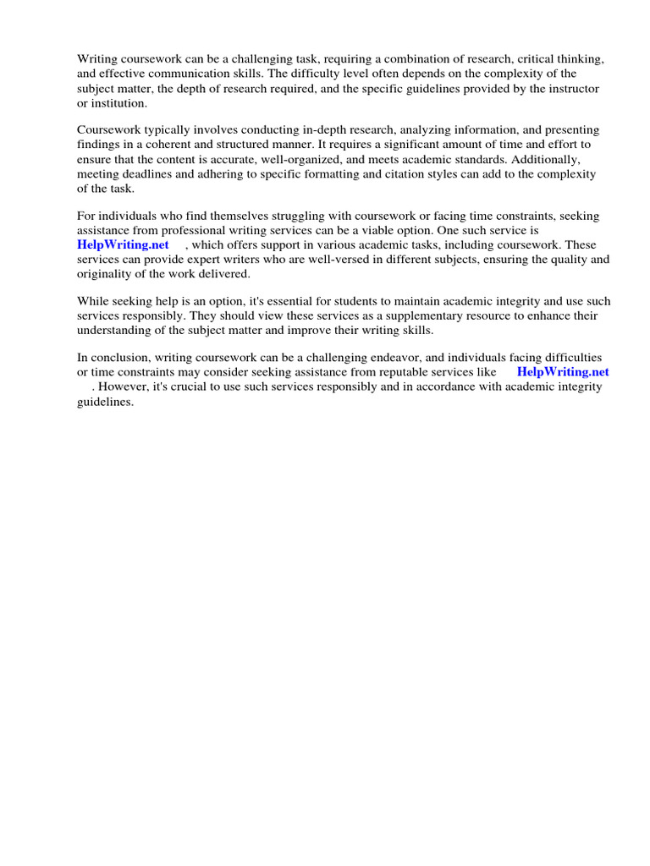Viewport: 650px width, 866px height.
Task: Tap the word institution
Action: (118, 103)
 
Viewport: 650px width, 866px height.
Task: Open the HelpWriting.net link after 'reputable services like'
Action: (563, 372)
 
